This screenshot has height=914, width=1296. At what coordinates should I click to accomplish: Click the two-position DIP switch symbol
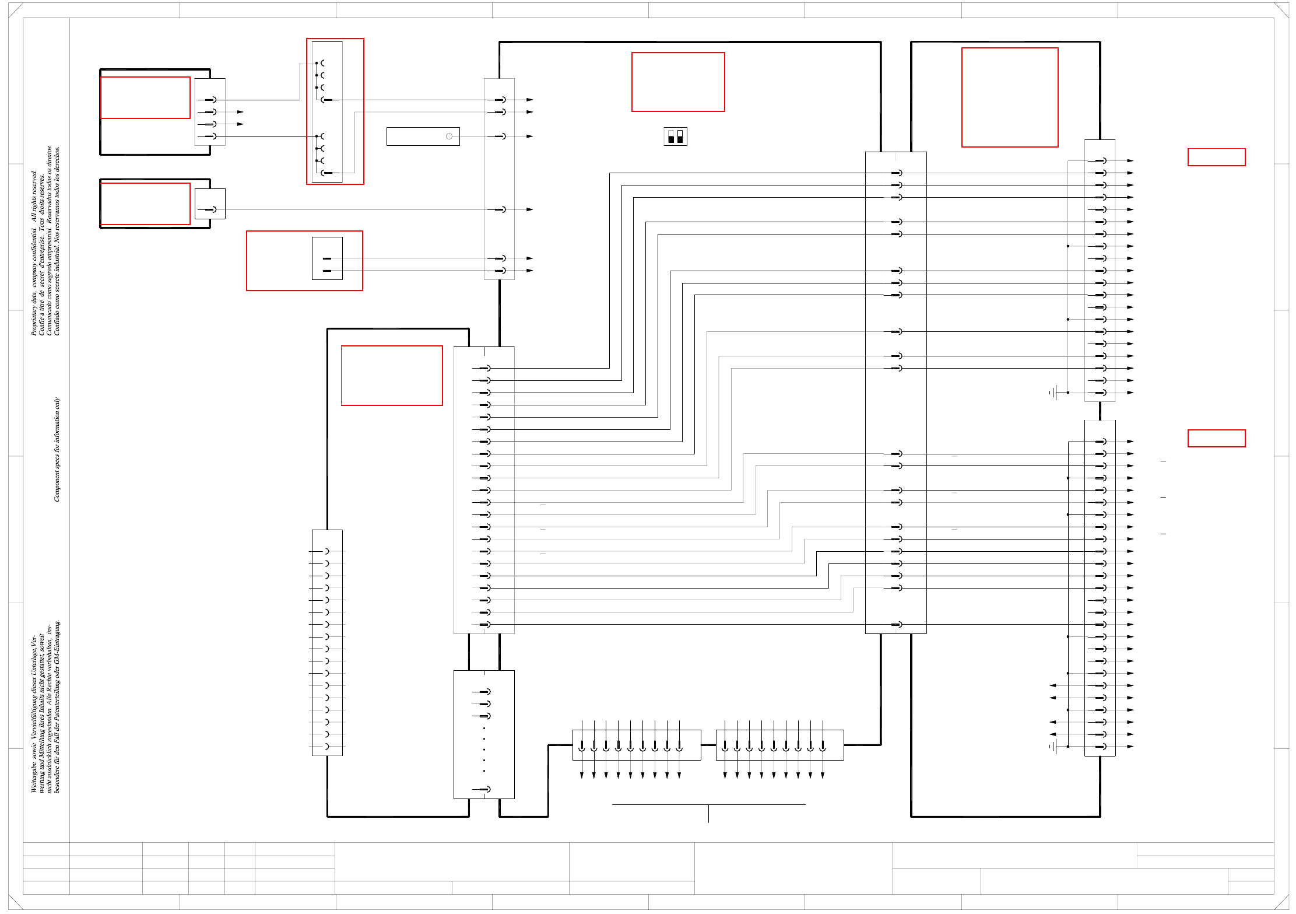click(675, 136)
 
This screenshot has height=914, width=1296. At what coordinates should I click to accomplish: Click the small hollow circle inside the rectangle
click(449, 136)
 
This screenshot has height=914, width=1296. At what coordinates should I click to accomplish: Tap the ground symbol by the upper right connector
click(1053, 393)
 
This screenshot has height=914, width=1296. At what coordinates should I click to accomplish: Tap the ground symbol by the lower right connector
click(1053, 747)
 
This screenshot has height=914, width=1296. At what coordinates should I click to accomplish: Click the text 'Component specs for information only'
click(57, 449)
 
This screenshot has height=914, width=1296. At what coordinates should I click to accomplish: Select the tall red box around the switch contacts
click(335, 111)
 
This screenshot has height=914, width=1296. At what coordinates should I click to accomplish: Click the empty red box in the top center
click(678, 82)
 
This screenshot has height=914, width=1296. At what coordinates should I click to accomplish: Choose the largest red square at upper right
click(1010, 97)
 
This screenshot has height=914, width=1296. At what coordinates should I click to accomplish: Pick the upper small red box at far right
click(1216, 157)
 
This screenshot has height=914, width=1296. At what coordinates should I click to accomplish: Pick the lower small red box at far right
click(1216, 438)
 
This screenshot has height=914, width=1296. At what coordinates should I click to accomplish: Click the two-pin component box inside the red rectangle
click(327, 258)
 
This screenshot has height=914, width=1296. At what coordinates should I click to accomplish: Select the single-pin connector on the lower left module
click(210, 204)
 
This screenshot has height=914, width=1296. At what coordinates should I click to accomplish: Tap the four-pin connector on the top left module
click(210, 112)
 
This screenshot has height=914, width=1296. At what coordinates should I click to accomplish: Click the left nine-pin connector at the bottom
click(637, 745)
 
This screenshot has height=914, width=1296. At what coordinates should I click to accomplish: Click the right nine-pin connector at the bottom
click(779, 745)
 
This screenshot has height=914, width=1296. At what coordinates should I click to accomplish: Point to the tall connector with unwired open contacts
click(327, 643)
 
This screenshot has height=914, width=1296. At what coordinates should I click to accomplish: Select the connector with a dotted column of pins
click(484, 734)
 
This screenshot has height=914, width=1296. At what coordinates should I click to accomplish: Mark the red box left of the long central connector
click(392, 376)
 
